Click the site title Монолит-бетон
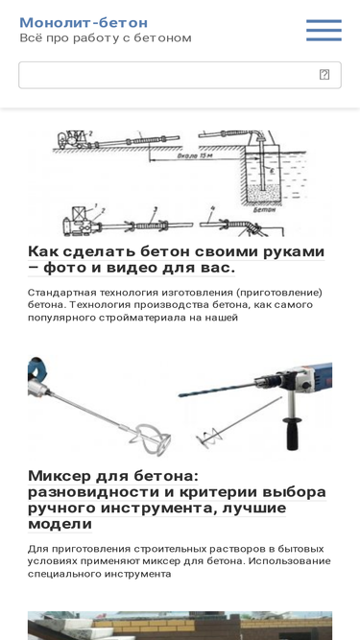pyautogui.click(x=84, y=23)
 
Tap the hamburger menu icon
pyautogui.click(x=324, y=31)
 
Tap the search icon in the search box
pyautogui.click(x=324, y=75)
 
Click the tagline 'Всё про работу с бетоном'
pyautogui.click(x=106, y=38)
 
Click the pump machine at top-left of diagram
pyautogui.click(x=73, y=142)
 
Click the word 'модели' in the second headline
pyautogui.click(x=60, y=524)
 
